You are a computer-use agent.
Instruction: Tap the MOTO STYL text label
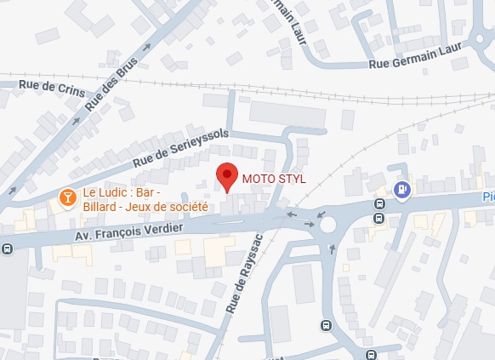tap(273, 179)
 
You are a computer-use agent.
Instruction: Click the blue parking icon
tap(403, 190)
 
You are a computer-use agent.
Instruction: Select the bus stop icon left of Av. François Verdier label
tap(7, 249)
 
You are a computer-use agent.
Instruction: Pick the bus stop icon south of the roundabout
tap(325, 325)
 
